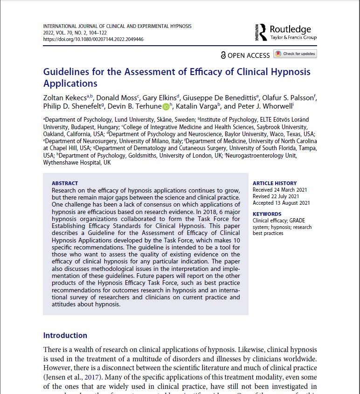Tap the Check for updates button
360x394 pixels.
[295, 54]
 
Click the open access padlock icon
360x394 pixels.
[223, 55]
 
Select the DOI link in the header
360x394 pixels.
[93, 40]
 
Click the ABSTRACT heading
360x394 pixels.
[65, 183]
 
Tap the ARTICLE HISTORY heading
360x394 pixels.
[275, 183]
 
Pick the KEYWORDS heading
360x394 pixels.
[267, 214]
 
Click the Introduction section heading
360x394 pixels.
[65, 335]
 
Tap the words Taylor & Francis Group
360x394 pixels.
[293, 38]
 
